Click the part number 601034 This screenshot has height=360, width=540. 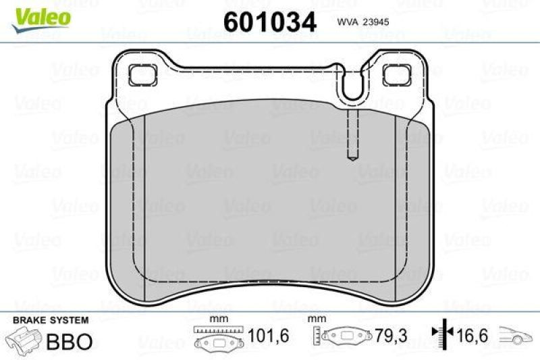click(x=270, y=22)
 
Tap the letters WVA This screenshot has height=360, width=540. click(x=347, y=22)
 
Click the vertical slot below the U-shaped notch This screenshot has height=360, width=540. click(x=352, y=136)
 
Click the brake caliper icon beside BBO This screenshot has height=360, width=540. click(x=23, y=340)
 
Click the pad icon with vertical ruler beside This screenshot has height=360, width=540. click(x=344, y=336)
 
